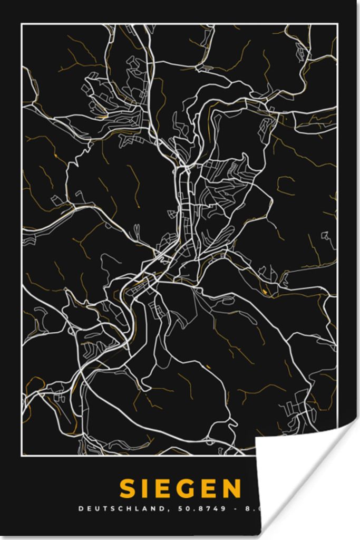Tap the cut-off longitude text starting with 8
click(248, 509)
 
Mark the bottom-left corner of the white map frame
click(22, 455)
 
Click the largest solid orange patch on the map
click(264, 291)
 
